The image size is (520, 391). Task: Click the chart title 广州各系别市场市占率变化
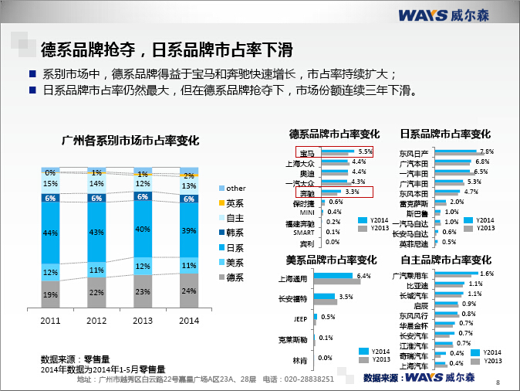click(x=130, y=141)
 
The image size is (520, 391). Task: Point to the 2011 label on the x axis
click(x=50, y=320)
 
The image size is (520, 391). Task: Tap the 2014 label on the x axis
click(x=188, y=320)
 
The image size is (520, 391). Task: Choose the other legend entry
click(x=235, y=189)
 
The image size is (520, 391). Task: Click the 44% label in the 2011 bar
click(x=50, y=233)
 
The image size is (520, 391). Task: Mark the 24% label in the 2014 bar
click(x=188, y=291)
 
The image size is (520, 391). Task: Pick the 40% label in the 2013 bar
click(x=143, y=229)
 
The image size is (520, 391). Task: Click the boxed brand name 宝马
click(x=306, y=153)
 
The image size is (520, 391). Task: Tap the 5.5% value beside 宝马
click(x=365, y=151)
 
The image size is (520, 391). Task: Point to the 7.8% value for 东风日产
click(x=486, y=151)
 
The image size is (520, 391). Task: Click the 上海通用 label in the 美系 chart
click(x=292, y=278)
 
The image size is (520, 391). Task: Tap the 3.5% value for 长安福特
click(x=346, y=297)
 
